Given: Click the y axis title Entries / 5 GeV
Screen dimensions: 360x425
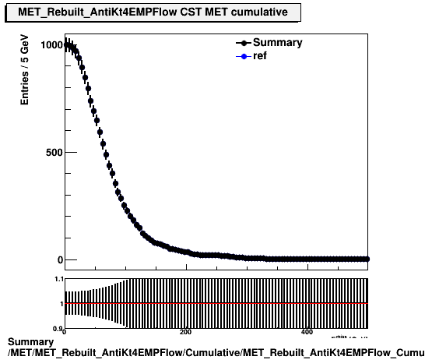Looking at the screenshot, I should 24,74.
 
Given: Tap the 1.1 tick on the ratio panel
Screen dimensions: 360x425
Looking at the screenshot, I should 58,279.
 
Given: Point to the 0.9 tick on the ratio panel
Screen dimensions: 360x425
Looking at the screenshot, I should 58,328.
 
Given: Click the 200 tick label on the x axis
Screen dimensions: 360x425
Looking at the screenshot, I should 185,332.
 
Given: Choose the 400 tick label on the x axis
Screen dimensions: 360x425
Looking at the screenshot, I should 307,332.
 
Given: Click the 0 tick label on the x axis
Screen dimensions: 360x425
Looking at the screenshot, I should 65,332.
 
